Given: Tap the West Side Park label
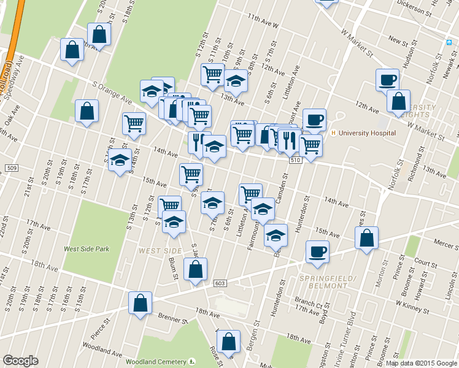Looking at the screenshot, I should pyautogui.click(x=87, y=249).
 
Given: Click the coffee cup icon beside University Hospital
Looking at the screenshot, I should pyautogui.click(x=314, y=120).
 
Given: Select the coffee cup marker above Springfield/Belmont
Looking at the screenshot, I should pyautogui.click(x=317, y=251).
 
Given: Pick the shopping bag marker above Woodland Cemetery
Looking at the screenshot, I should pyautogui.click(x=228, y=342).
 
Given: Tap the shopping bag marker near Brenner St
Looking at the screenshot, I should pyautogui.click(x=140, y=302).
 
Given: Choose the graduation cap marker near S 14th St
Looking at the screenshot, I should pyautogui.click(x=120, y=161).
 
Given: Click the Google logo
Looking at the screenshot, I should pyautogui.click(x=20, y=361).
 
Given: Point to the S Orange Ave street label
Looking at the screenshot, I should pyautogui.click(x=112, y=91).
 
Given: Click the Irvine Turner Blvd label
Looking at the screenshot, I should pyautogui.click(x=350, y=340).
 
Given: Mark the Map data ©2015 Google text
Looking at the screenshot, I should pyautogui.click(x=421, y=363).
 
